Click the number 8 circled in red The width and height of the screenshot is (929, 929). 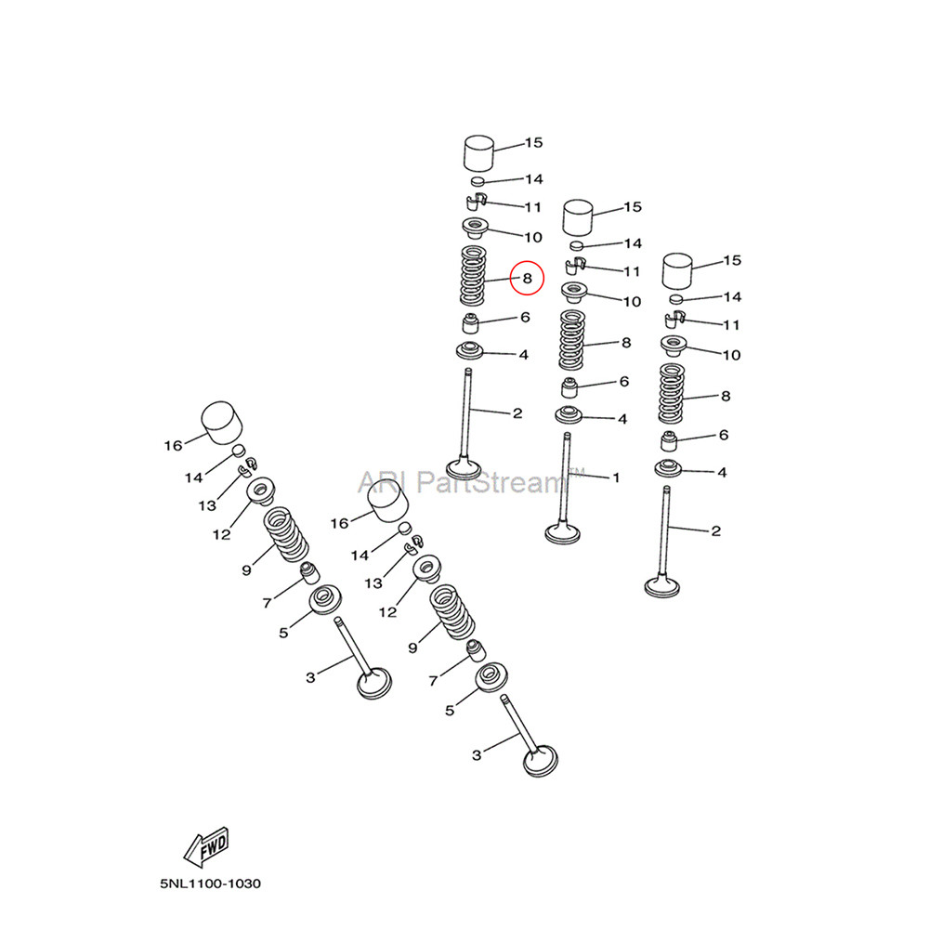(528, 279)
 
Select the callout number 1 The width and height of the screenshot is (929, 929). (616, 477)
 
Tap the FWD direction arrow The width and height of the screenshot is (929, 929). (206, 846)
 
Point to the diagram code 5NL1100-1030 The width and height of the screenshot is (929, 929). (210, 883)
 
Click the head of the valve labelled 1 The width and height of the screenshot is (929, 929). (562, 531)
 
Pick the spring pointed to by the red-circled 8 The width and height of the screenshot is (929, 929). (474, 275)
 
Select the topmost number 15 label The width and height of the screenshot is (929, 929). (534, 143)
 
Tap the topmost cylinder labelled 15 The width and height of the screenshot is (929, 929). (478, 153)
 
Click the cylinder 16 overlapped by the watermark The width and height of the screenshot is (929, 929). (388, 501)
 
